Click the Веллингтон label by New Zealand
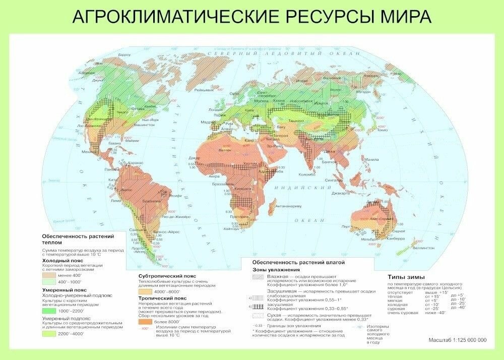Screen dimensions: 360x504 coord(422,248)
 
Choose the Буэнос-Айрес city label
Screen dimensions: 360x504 coord(163,232)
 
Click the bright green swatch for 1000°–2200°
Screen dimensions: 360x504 coord(50,311)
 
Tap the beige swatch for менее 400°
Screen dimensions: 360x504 coord(50,276)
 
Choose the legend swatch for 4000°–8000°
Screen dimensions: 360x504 coord(146,291)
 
